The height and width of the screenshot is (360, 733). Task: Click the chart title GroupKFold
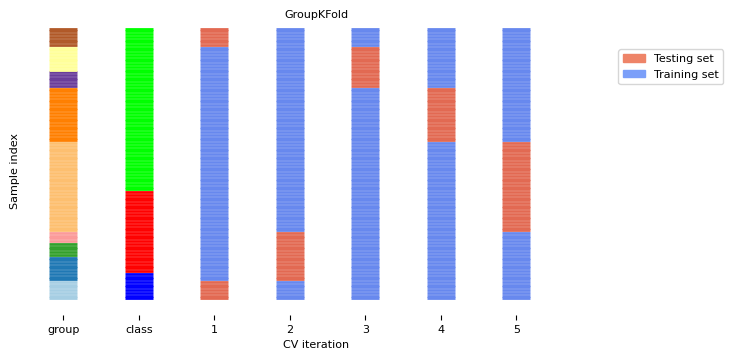[x=315, y=14]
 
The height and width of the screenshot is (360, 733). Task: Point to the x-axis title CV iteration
[x=315, y=345]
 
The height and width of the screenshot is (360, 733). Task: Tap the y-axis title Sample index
[x=14, y=170]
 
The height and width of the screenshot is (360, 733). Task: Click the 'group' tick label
[x=63, y=329]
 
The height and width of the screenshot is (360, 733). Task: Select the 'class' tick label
[x=139, y=329]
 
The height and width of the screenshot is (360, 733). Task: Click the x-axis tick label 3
[x=366, y=329]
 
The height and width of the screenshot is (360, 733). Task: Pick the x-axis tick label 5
[x=517, y=329]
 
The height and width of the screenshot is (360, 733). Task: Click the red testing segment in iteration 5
[x=517, y=186]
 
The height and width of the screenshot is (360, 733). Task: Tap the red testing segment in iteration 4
[x=441, y=114]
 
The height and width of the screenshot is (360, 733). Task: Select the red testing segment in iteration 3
[x=366, y=67]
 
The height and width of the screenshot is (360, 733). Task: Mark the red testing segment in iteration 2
[x=290, y=256]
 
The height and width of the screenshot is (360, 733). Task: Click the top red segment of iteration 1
[x=214, y=37]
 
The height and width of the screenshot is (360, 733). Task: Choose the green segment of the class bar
[x=139, y=109]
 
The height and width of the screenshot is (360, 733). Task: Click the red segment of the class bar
[x=139, y=232]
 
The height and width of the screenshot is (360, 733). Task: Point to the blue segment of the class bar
[x=139, y=287]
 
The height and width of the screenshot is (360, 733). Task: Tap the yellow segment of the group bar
[x=63, y=59]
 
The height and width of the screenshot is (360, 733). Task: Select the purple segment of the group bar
[x=63, y=80]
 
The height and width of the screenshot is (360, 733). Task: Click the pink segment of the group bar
[x=63, y=237]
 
